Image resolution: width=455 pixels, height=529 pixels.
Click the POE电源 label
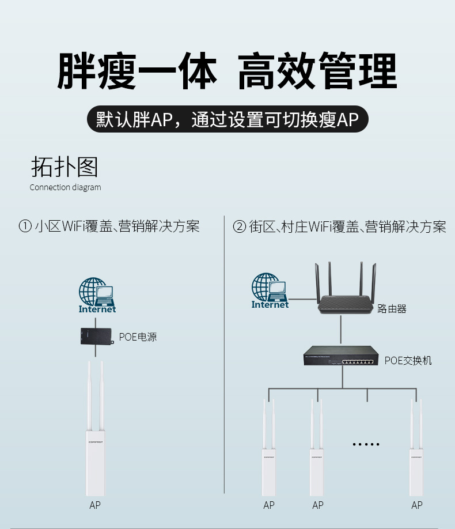pos(138,337)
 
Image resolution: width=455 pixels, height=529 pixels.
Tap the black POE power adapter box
pos(96,337)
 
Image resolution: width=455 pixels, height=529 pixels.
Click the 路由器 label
pos(392,308)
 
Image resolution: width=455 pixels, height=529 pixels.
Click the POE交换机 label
pos(408,360)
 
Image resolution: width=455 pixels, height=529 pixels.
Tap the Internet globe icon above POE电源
pos(97,295)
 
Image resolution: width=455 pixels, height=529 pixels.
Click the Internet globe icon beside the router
pos(270,290)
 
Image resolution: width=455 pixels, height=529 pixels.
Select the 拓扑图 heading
pos(65,167)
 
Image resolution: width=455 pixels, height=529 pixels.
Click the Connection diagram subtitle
pos(66,187)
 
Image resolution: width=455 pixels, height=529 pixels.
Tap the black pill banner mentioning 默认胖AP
pos(227,119)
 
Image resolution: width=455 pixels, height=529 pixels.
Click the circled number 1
pos(25,226)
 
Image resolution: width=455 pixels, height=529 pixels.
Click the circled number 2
pos(239,226)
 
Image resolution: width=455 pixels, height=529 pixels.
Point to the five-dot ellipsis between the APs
pos(366,444)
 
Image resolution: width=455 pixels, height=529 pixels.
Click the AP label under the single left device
pos(95,505)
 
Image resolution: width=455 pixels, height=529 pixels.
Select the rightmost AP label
pos(417,505)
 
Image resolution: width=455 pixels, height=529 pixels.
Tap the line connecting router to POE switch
pos(340,330)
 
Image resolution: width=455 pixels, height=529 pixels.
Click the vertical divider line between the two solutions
pos(224,354)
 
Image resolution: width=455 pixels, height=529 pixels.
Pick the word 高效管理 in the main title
pos(317,71)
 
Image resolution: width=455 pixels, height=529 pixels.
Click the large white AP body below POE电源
pos(96,463)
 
